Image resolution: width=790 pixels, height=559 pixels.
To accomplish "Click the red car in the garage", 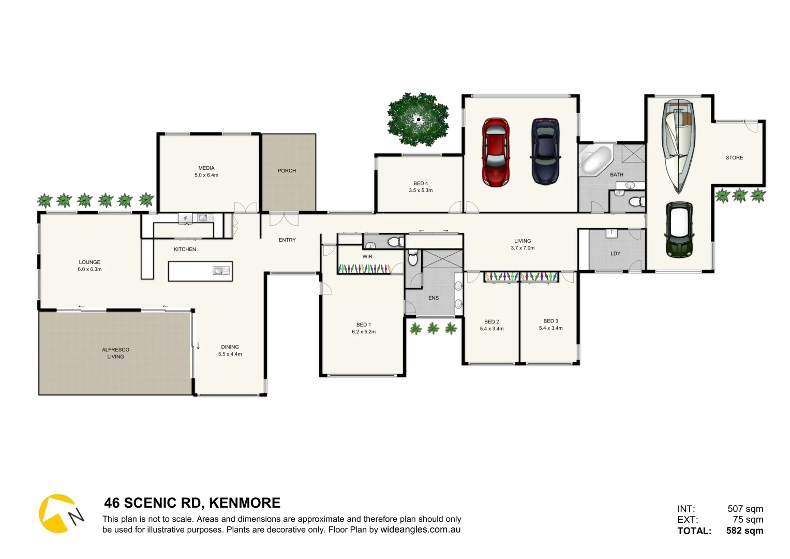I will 496,152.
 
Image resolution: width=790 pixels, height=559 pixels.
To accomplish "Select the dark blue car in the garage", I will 545,151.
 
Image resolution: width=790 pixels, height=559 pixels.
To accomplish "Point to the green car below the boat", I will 679,229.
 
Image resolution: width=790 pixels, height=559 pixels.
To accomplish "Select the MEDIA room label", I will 206,168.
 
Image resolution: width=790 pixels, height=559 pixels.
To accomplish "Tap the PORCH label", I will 287,171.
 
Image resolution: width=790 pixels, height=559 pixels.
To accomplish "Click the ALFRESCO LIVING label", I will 115,353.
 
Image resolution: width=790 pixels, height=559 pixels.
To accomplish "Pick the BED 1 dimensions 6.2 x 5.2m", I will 364,332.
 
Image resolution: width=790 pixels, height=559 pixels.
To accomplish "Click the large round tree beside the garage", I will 418,120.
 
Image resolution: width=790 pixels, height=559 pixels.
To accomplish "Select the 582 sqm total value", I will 744,531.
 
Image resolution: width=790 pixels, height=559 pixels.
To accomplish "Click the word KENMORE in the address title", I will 245,503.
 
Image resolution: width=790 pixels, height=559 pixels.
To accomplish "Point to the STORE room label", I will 734,158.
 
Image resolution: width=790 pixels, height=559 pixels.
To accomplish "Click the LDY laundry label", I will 615,254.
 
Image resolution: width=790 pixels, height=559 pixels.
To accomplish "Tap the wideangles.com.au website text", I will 420,529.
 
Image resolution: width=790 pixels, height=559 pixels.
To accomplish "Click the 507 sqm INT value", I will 745,509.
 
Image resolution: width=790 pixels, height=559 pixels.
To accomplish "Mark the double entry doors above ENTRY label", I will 284,219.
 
